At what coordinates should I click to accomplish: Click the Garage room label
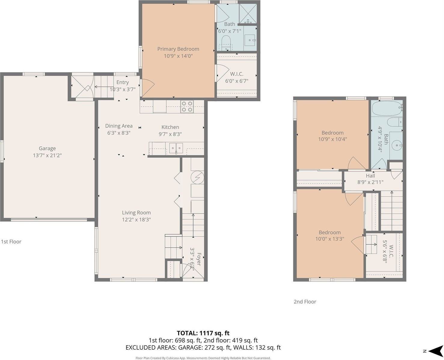click(x=47, y=148)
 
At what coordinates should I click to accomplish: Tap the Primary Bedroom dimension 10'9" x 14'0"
click(x=178, y=56)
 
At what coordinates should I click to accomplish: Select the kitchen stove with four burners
click(x=186, y=106)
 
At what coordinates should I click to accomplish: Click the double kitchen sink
click(x=176, y=148)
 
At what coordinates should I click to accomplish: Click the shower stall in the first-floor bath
click(x=248, y=14)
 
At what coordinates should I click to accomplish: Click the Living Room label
click(x=136, y=213)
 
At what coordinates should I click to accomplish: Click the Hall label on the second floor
click(x=370, y=176)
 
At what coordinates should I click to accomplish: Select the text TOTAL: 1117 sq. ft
click(x=203, y=333)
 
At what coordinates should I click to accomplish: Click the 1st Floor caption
click(x=11, y=242)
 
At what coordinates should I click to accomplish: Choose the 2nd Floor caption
click(x=305, y=302)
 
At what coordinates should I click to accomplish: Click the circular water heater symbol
click(x=198, y=177)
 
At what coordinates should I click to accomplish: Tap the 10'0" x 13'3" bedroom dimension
click(x=329, y=239)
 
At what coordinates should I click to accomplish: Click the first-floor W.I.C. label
click(x=237, y=74)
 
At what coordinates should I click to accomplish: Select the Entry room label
click(x=122, y=82)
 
